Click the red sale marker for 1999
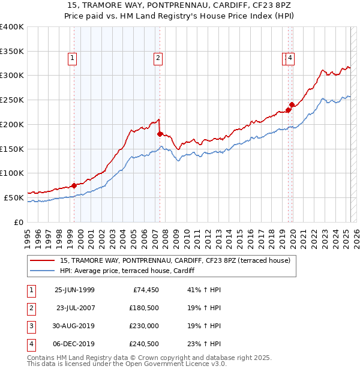[74, 185]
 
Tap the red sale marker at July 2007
[160, 134]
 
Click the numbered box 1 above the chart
[72, 58]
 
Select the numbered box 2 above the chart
[157, 58]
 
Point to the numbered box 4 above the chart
[290, 58]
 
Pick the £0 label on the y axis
[19, 222]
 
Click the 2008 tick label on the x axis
[166, 233]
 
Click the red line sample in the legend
[42, 260]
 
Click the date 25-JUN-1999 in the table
[74, 290]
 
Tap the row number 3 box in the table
[31, 326]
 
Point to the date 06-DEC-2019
[74, 344]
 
